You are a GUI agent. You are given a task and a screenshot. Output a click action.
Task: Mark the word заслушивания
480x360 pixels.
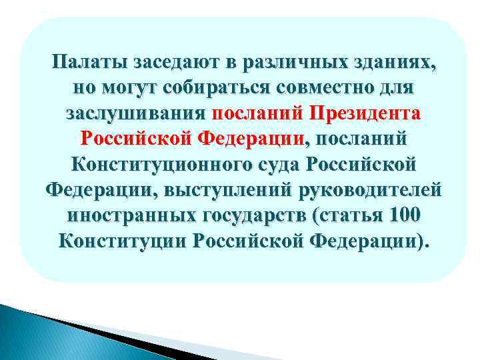click(x=137, y=114)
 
